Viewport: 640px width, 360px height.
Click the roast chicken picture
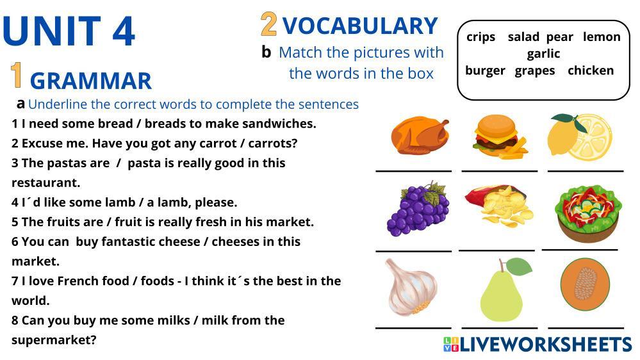pos(420,136)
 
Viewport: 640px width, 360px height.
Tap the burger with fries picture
pos(500,136)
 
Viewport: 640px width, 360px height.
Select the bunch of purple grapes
pos(418,209)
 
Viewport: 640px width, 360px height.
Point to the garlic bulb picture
pos(411,288)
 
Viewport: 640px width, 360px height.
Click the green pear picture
pos(504,289)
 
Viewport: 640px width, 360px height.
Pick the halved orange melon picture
pos(585,284)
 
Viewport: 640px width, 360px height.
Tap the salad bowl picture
pos(587,213)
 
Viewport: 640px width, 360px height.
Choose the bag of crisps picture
pos(499,206)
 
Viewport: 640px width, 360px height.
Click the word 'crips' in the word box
pos(481,37)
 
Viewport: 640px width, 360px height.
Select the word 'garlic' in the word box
pos(543,54)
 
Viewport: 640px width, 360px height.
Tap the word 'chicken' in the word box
pos(591,70)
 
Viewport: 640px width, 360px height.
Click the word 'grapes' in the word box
pos(535,71)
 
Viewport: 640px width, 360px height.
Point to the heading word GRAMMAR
pos(90,81)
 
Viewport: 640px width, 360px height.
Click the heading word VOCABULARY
pos(360,26)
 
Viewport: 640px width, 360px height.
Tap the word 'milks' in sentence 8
pos(172,320)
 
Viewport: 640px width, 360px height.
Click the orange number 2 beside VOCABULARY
pos(268,24)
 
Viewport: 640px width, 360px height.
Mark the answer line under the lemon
pos(586,171)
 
